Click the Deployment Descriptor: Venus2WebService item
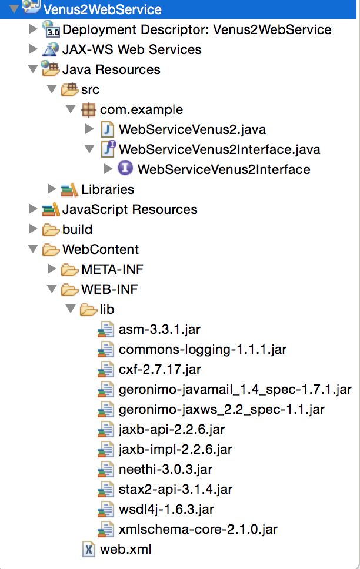[x=196, y=29]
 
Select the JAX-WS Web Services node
[x=132, y=49]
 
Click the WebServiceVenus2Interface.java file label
[x=219, y=149]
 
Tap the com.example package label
[x=141, y=109]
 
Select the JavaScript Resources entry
[x=129, y=209]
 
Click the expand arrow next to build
[x=33, y=229]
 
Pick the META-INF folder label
[x=112, y=269]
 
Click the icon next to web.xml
[x=89, y=550]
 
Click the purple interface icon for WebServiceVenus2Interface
[x=124, y=169]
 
